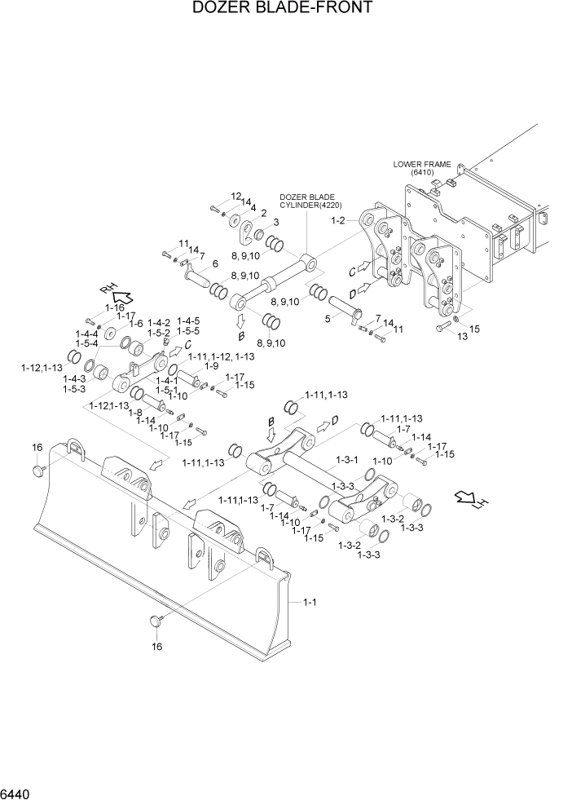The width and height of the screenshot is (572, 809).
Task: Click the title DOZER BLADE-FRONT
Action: pyautogui.click(x=283, y=9)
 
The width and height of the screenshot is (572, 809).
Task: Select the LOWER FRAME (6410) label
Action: pyautogui.click(x=421, y=168)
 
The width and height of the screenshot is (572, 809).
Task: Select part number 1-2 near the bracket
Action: pyautogui.click(x=338, y=220)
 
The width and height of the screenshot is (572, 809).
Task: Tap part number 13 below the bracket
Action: pyautogui.click(x=439, y=334)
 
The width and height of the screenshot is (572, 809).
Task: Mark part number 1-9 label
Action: pyautogui.click(x=211, y=366)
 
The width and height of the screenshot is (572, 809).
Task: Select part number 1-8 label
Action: pyautogui.click(x=136, y=413)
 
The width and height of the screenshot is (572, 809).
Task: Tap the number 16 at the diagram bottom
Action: pyautogui.click(x=156, y=646)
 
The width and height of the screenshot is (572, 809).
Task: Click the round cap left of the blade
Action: pyautogui.click(x=37, y=470)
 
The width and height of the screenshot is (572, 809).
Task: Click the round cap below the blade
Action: pyautogui.click(x=156, y=622)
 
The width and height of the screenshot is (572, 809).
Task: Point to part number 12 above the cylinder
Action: pyautogui.click(x=235, y=197)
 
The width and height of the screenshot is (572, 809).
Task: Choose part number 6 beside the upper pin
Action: pyautogui.click(x=215, y=263)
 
